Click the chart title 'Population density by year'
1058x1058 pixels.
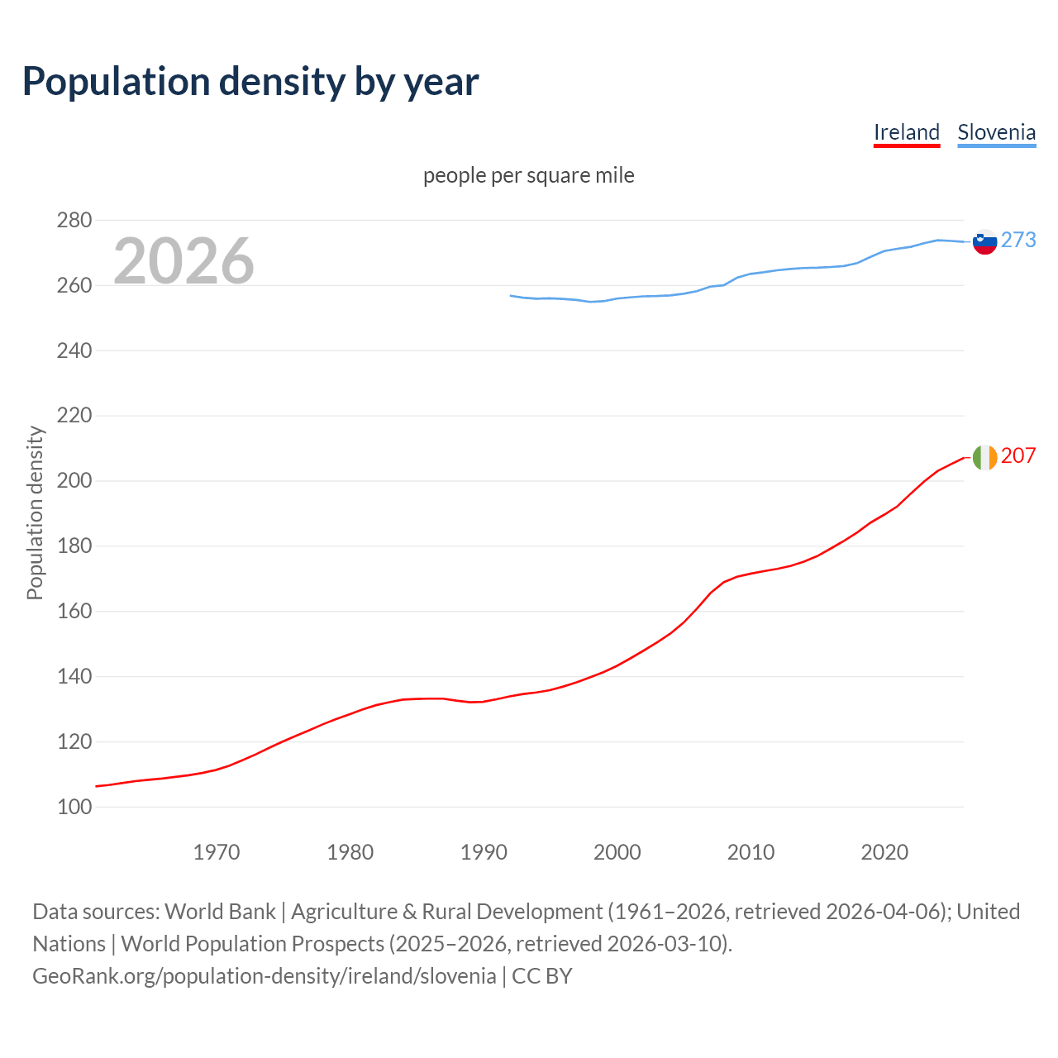point(250,81)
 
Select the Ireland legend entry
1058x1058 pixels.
point(907,132)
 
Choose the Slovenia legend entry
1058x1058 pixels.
point(996,132)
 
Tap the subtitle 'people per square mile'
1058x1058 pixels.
point(529,175)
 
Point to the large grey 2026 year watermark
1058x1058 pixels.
point(183,261)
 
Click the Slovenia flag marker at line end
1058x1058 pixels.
point(984,241)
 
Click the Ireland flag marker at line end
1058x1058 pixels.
point(984,457)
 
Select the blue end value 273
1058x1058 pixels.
point(1018,240)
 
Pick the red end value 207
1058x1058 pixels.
point(1018,455)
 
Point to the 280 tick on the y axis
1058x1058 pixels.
point(74,221)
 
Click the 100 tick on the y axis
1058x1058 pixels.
point(74,808)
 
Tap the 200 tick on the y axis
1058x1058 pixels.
point(74,481)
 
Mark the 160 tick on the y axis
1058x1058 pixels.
point(74,612)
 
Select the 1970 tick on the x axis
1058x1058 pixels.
point(217,852)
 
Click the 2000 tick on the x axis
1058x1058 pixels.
point(617,852)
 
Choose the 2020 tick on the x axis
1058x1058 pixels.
point(884,852)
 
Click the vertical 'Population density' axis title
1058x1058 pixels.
point(35,512)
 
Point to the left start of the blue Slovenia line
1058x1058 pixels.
point(511,295)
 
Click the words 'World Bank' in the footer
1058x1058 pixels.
point(220,912)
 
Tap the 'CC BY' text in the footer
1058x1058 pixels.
point(542,976)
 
